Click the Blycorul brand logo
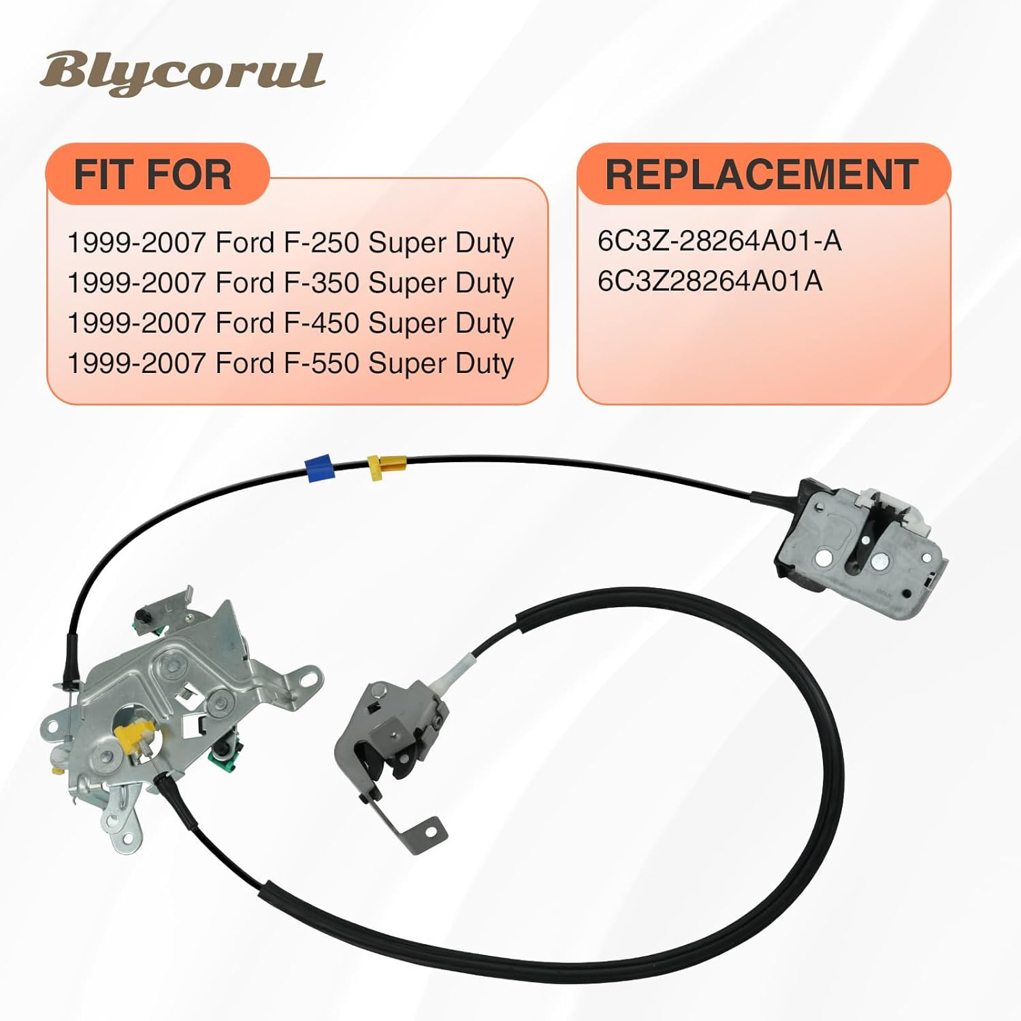point(182,74)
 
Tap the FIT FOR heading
point(153,175)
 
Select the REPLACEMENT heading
point(762,175)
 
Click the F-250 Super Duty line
point(291,243)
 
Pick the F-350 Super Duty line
point(291,283)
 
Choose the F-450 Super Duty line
point(291,323)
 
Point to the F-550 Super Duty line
point(291,363)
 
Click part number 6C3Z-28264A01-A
point(719,241)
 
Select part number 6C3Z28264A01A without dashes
point(710,281)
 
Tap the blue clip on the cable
point(319,467)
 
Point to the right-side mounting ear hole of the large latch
point(312,678)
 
